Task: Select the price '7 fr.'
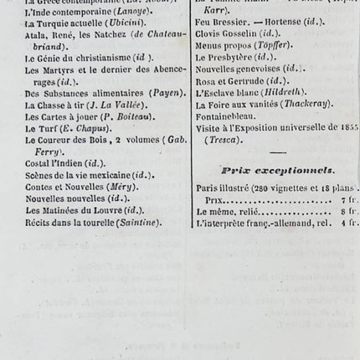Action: (350, 202)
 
